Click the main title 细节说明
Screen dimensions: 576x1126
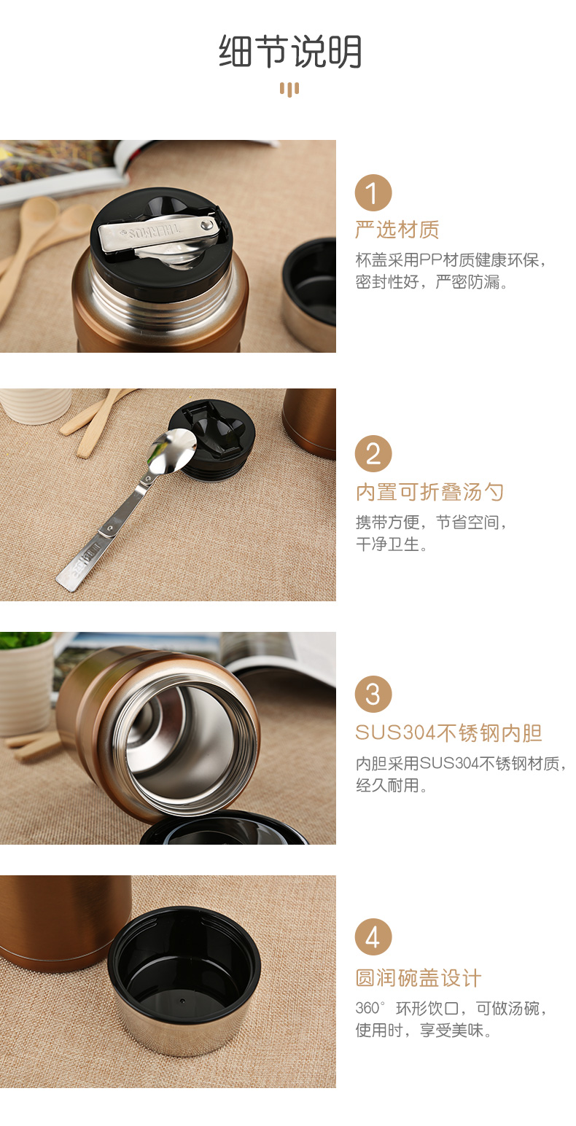290,51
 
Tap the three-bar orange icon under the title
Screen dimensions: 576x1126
289,90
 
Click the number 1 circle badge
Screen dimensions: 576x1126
373,192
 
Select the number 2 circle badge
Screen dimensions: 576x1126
373,453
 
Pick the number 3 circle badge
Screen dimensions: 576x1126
373,694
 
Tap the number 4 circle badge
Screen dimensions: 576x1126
373,937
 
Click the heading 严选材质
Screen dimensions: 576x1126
397,230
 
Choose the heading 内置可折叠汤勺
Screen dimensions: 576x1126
429,492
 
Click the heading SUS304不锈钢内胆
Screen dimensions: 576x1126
448,733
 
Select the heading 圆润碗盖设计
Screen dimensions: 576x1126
419,978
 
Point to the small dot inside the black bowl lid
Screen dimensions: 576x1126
182,1001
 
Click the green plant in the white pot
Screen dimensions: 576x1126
25,639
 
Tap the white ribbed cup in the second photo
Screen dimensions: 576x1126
35,405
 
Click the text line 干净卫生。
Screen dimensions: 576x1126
392,544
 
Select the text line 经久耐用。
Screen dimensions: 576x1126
392,785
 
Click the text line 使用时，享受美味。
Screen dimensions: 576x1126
424,1031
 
